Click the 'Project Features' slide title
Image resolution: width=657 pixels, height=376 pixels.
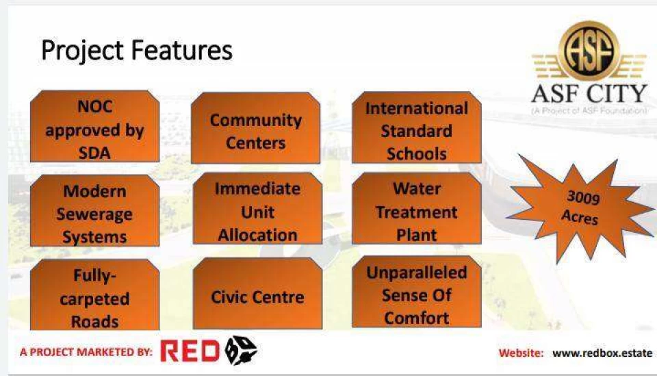coord(137,51)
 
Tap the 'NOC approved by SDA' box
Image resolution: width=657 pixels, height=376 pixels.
coord(94,126)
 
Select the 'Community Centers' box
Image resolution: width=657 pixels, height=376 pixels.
coord(255,128)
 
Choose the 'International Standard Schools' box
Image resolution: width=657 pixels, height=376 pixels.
coord(417,127)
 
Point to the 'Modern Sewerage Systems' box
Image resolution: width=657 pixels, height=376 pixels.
coord(94,210)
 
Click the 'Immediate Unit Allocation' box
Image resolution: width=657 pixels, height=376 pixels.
coord(258,208)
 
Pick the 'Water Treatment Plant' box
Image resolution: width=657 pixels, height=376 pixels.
coord(417,208)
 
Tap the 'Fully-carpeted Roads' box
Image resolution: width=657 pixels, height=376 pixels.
coord(94,294)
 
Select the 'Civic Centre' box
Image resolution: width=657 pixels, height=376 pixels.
coord(258,293)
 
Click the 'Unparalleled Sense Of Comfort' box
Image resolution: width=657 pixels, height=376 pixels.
coord(417,292)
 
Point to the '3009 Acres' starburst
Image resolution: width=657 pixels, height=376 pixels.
coord(580,208)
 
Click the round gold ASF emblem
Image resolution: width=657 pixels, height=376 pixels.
coord(589,51)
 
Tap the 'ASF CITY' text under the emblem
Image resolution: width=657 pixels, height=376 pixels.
coord(589,93)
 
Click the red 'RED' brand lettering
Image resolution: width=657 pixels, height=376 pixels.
coord(190,351)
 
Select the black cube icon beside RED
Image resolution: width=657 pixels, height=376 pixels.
coord(240,350)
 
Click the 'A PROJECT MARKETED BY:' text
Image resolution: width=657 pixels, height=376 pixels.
coord(86,352)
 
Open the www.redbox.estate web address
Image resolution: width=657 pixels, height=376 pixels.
coord(602,353)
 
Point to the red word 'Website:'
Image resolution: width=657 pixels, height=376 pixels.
coord(521,353)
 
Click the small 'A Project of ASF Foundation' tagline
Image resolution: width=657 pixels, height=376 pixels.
coord(589,111)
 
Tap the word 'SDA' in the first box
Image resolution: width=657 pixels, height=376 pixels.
coord(94,153)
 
